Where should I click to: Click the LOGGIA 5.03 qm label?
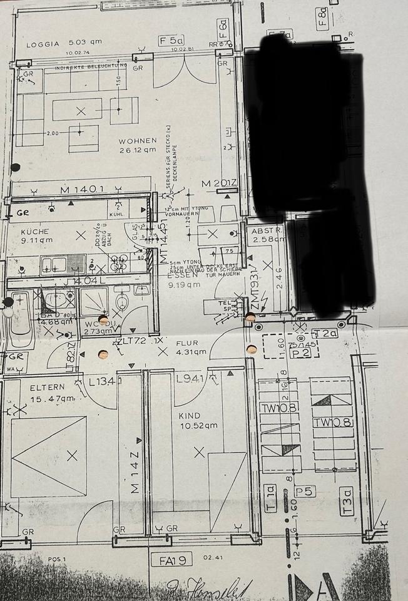click(x=64, y=44)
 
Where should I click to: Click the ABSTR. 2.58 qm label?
click(x=267, y=234)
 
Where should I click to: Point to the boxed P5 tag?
click(x=305, y=491)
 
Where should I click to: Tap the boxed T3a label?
click(x=347, y=502)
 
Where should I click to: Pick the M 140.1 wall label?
click(x=81, y=189)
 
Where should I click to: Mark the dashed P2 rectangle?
click(x=289, y=346)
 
